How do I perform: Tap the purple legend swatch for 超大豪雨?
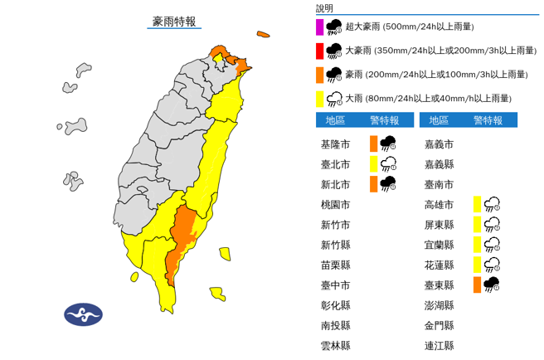(x=320, y=27)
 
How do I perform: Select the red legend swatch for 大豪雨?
(x=320, y=51)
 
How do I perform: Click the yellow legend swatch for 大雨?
(x=320, y=99)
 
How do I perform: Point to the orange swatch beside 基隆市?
(x=374, y=143)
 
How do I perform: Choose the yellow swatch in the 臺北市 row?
(x=374, y=163)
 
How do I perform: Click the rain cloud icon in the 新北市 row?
(x=387, y=183)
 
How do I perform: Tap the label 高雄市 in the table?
(x=438, y=204)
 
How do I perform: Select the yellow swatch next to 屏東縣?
(x=477, y=224)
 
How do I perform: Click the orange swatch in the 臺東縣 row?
(x=477, y=285)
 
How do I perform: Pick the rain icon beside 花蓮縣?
(x=492, y=265)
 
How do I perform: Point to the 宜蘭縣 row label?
(x=438, y=245)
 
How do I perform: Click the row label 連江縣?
(x=438, y=346)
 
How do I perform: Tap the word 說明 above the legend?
(x=324, y=7)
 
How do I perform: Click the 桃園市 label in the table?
(x=335, y=204)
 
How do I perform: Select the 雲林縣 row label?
(x=335, y=346)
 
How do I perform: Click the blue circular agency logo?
(x=83, y=314)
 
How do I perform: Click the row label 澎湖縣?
(x=438, y=305)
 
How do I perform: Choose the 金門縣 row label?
(x=438, y=326)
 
